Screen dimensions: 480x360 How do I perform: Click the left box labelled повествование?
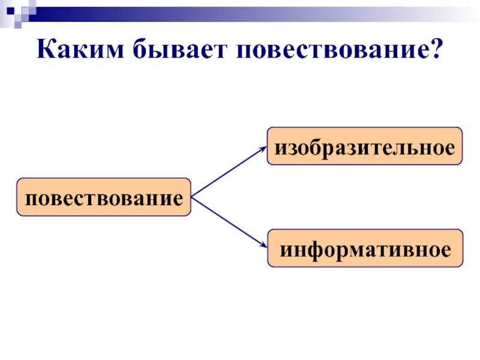[x=103, y=197]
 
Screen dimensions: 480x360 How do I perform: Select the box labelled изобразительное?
[x=364, y=146]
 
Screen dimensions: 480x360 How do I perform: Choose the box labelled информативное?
[x=364, y=248]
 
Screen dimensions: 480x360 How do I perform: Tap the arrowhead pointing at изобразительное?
[x=263, y=148]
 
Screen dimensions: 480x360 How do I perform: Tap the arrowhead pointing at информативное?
[x=263, y=245]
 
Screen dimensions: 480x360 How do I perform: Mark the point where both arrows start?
[x=191, y=197]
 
